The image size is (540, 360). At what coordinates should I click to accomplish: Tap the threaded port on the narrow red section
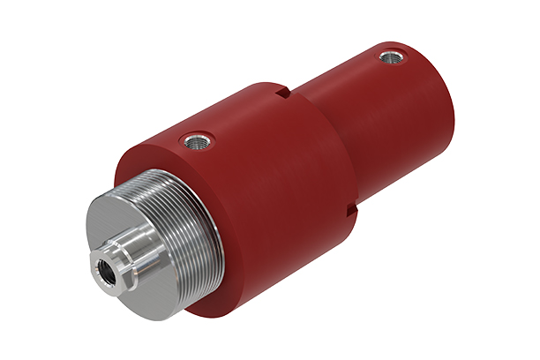pos(389,58)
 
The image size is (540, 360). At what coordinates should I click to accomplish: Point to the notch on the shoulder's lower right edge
pos(352,210)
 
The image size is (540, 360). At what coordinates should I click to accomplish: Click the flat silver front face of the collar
pos(115,229)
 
